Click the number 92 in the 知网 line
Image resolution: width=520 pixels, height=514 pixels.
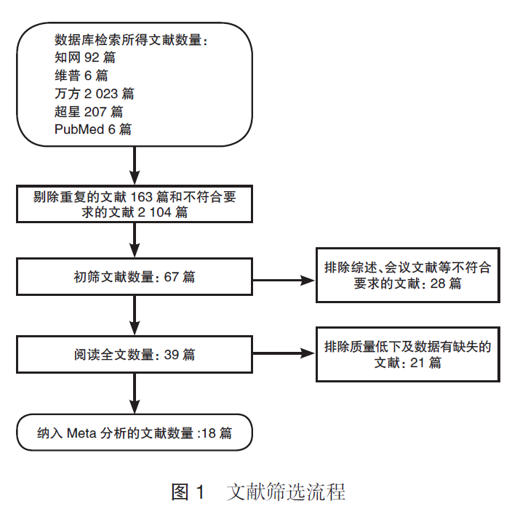tap(92, 57)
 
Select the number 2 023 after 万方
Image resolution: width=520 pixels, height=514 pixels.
tap(101, 94)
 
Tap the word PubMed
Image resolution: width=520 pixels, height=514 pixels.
tap(79, 129)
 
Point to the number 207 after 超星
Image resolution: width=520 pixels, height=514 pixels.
tap(95, 112)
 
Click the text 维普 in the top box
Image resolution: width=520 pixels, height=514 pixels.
tap(68, 76)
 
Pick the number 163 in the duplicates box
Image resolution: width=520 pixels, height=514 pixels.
tap(141, 197)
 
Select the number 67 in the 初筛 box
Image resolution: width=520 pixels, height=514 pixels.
tap(172, 277)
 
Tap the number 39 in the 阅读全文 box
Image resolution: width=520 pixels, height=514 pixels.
tap(172, 355)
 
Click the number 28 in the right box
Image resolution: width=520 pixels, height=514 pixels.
tap(438, 284)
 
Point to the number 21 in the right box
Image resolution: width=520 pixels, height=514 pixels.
tap(417, 363)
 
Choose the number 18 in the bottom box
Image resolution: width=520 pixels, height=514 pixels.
tap(209, 433)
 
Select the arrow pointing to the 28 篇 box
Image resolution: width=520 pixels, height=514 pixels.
tap(284, 281)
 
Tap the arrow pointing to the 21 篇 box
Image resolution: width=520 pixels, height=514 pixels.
tap(284, 353)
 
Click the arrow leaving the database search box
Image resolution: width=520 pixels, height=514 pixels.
tap(135, 165)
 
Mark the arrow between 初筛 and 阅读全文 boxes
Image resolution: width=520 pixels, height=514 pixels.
tap(135, 316)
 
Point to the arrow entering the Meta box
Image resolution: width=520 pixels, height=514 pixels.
tap(135, 393)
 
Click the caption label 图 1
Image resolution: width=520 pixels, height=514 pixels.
tap(188, 491)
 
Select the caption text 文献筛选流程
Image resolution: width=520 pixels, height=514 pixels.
tap(287, 491)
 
